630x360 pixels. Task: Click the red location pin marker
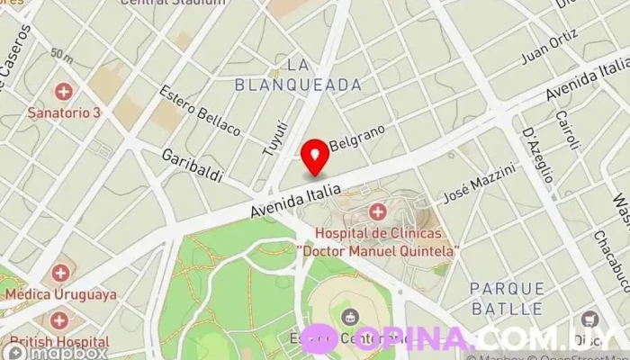click(315, 156)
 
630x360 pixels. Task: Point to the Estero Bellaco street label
click(199, 111)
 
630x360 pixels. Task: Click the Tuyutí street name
click(273, 138)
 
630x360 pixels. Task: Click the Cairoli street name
click(566, 130)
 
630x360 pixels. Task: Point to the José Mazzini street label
click(480, 183)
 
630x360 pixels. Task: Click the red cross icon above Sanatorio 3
click(64, 91)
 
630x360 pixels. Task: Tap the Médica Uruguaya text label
click(60, 294)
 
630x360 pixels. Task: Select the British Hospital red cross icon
click(59, 320)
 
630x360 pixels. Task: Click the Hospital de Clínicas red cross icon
click(378, 212)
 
